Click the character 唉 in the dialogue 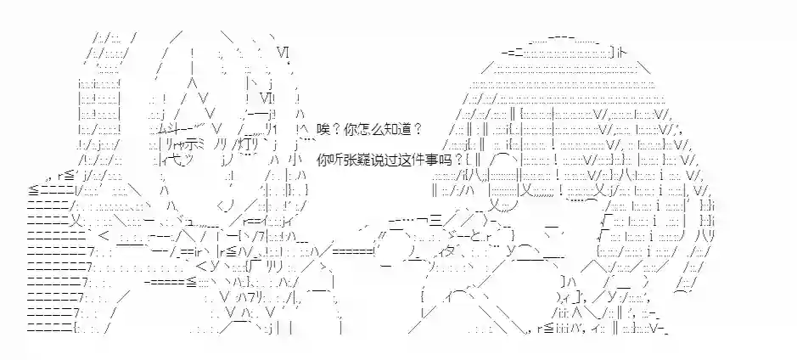coord(323,128)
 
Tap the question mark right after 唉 coord(337,128)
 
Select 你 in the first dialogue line coord(351,128)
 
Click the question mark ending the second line coord(458,159)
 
